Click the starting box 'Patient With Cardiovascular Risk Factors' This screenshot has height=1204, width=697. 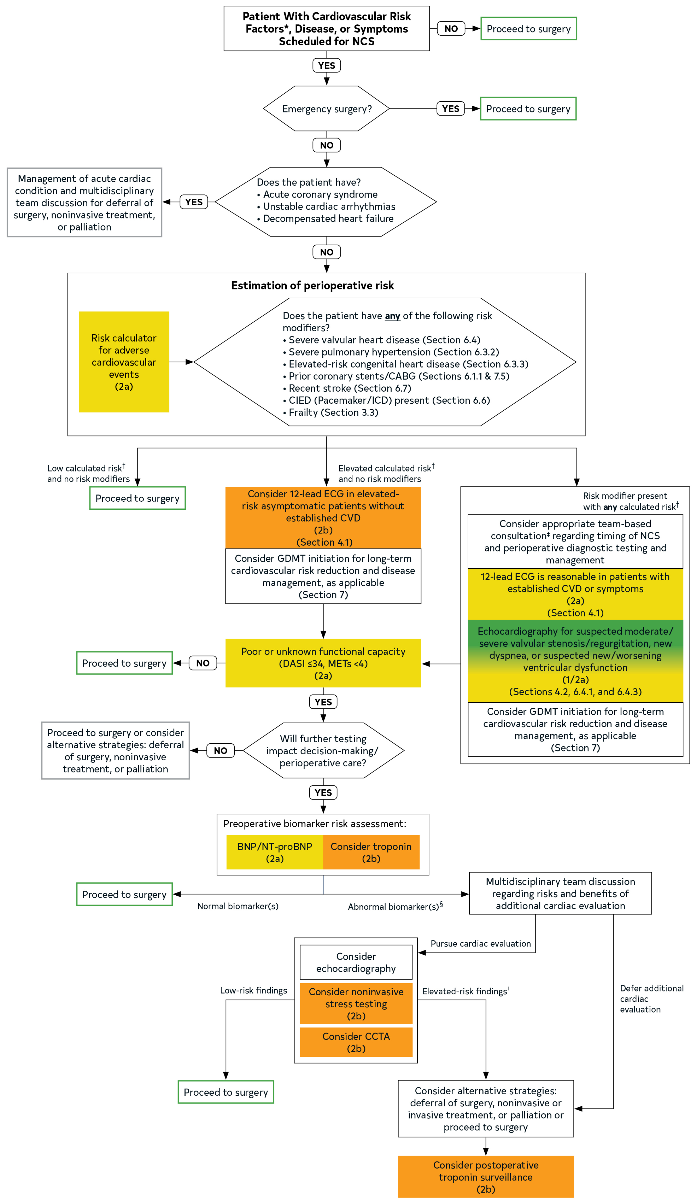[326, 29]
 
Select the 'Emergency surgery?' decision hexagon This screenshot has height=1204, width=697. [326, 109]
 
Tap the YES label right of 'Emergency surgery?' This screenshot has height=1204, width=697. [450, 109]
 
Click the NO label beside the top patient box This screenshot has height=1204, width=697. [450, 29]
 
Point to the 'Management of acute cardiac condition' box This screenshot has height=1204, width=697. [84, 202]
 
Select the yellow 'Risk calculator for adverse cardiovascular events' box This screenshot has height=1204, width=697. [124, 362]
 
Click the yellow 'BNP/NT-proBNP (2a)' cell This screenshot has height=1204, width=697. [274, 852]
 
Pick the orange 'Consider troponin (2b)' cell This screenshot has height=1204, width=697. [371, 852]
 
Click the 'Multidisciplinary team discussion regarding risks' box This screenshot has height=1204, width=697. [560, 893]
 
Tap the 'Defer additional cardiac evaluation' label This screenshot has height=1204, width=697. [651, 999]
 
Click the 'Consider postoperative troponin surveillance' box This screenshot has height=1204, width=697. [485, 1177]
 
